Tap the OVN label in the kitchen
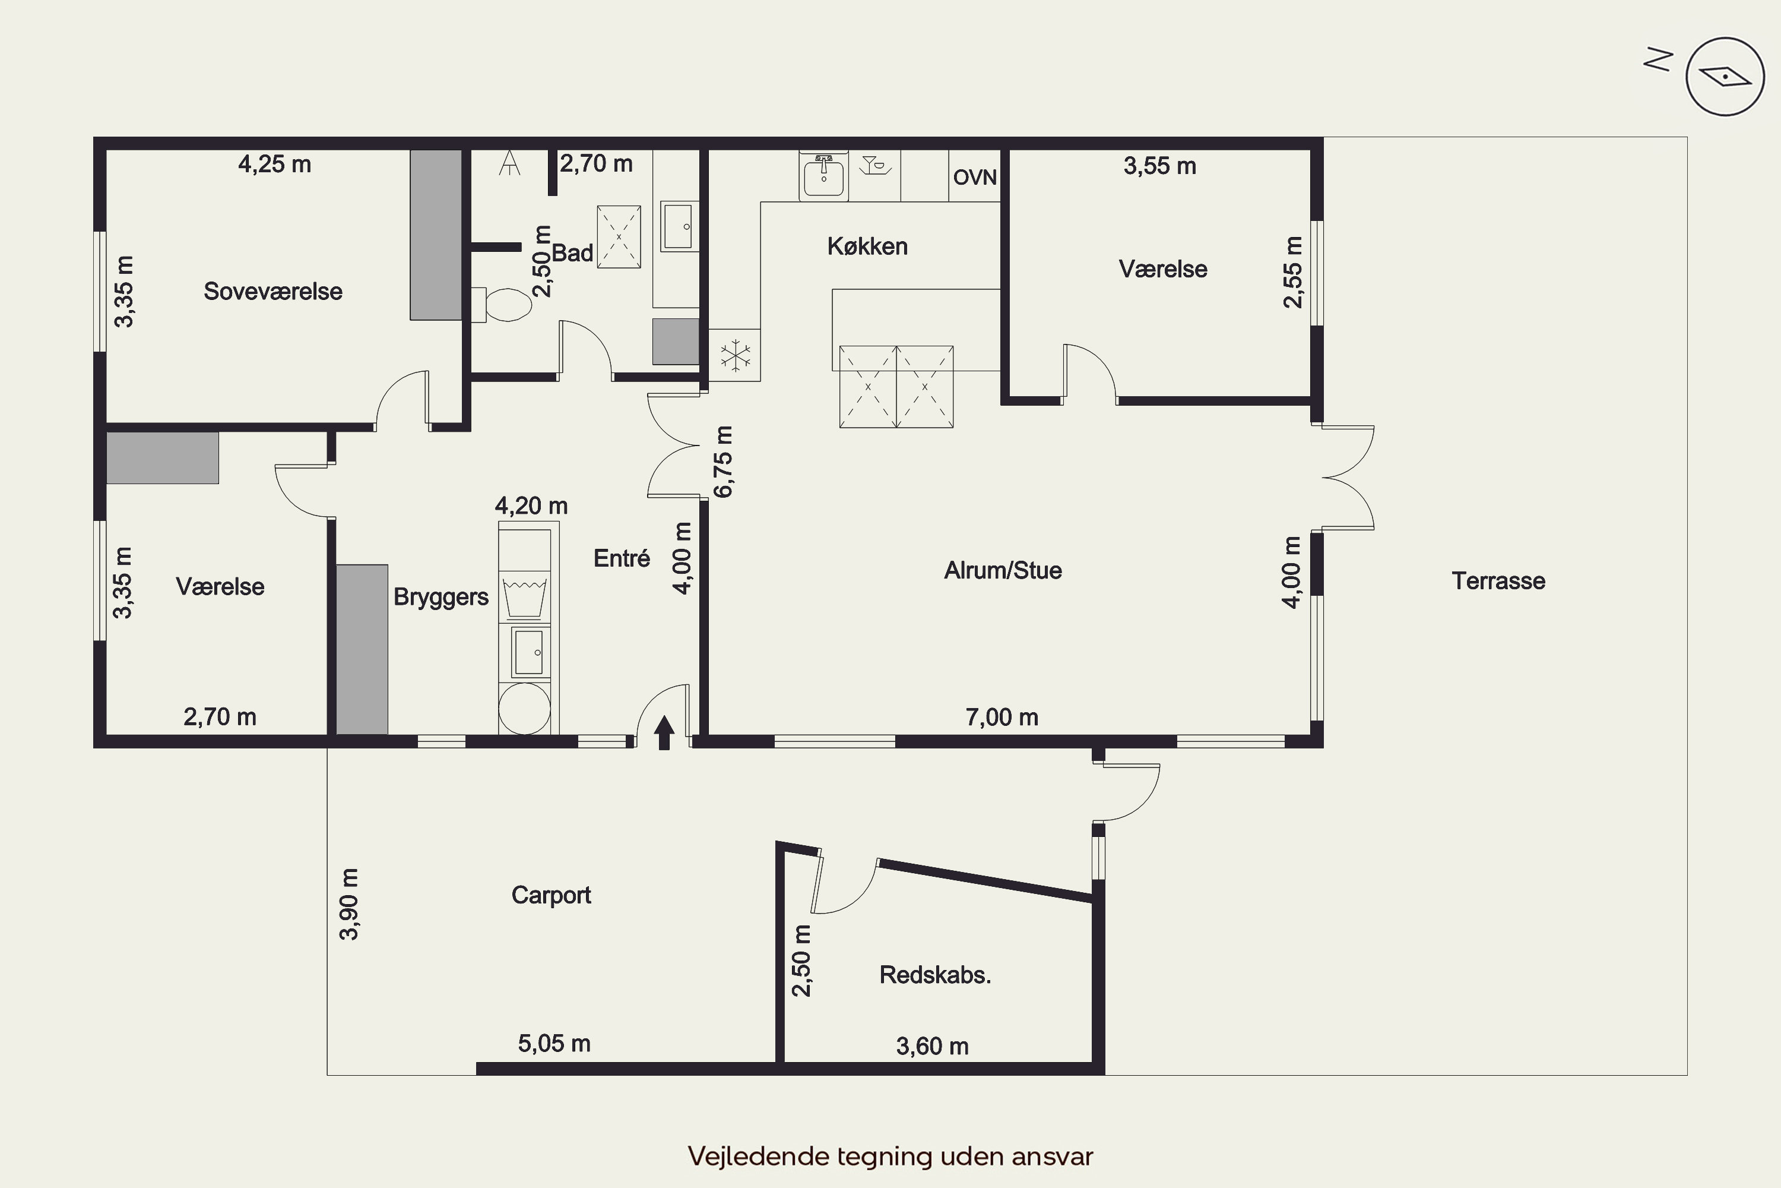click(975, 177)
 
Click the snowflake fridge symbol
click(734, 355)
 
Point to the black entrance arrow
click(664, 732)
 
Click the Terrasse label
click(1498, 581)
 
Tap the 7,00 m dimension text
click(1002, 718)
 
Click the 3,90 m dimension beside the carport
click(349, 904)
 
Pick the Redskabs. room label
click(935, 975)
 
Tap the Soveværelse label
click(272, 292)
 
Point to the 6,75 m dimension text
click(723, 462)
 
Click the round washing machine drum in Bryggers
click(524, 709)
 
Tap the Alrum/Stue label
click(1003, 570)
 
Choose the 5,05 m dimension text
click(553, 1044)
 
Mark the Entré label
click(622, 558)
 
